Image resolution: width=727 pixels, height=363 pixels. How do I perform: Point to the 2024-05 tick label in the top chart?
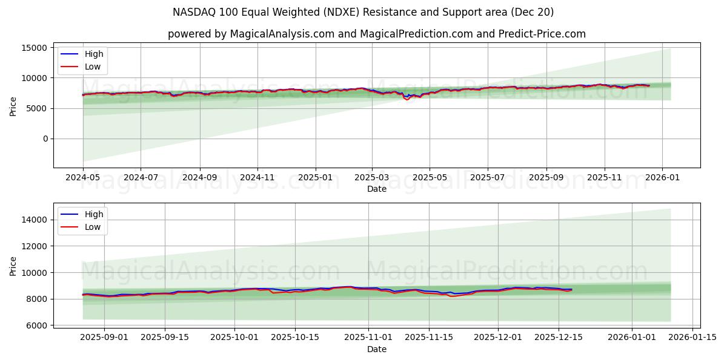(x=83, y=178)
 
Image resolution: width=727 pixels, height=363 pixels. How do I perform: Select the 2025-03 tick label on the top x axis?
(x=372, y=178)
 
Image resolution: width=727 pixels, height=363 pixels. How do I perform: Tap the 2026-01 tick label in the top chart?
(x=662, y=178)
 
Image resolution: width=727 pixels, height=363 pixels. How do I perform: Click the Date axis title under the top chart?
(x=377, y=189)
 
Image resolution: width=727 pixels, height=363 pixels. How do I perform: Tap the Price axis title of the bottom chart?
(x=13, y=266)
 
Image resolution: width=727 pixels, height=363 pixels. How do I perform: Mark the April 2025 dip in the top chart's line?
(x=407, y=99)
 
